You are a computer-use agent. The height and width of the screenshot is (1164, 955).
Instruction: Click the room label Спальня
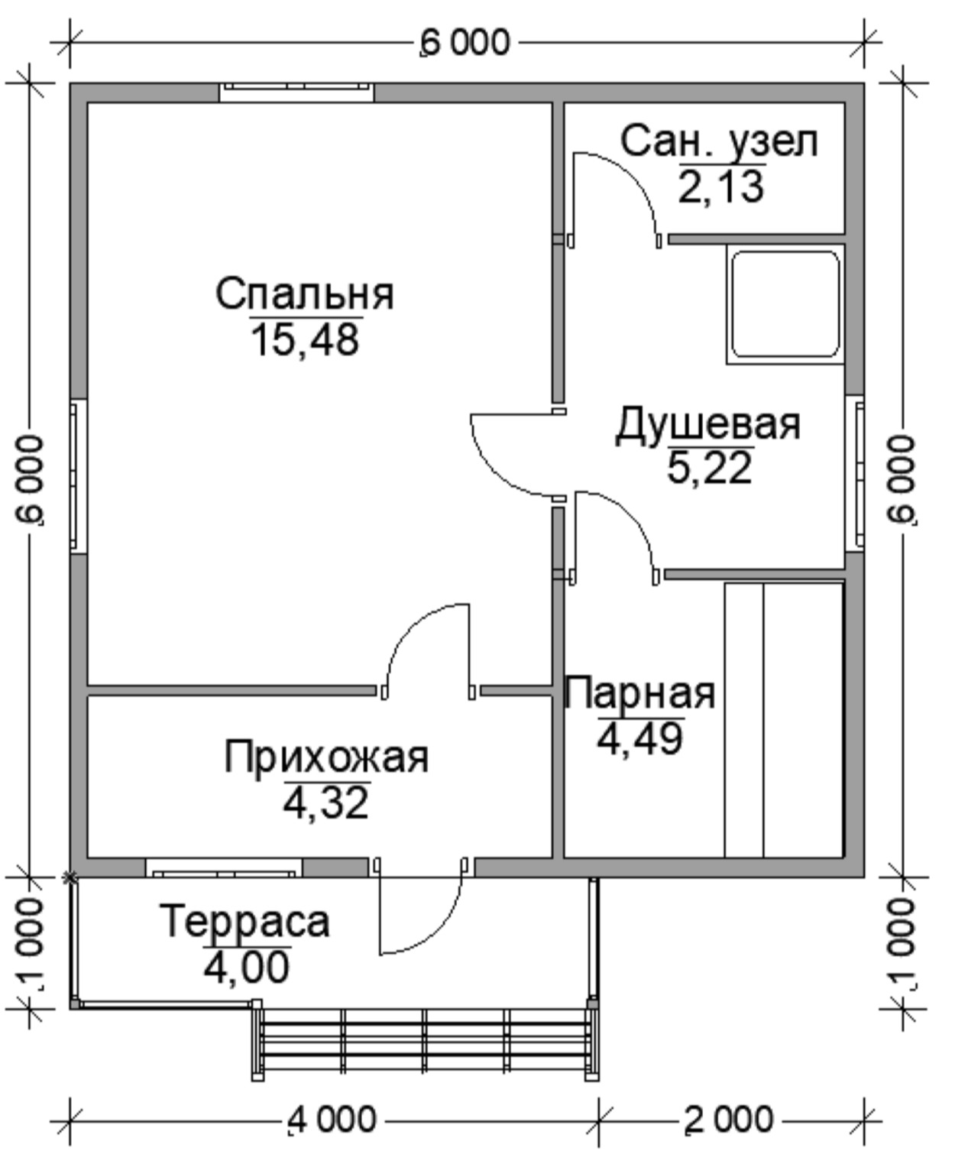point(305,294)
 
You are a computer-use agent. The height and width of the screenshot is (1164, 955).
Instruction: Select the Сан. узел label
point(719,142)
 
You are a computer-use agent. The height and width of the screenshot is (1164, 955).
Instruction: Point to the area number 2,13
point(721,186)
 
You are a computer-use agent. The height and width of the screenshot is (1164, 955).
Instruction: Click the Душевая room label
point(707,425)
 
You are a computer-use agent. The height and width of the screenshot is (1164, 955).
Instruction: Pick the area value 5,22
point(710,467)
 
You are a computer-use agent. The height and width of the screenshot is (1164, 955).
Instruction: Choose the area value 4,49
point(640,738)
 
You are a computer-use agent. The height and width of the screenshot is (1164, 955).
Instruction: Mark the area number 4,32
point(326,802)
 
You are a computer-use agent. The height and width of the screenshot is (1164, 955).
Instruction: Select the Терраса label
point(244,922)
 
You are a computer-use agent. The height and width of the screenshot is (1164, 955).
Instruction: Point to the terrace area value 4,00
point(247,966)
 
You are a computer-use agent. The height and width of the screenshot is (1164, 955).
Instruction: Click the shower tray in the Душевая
point(785,304)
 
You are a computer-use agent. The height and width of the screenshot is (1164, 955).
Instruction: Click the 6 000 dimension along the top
point(465,43)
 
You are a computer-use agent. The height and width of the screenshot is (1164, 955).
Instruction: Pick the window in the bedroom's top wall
point(297,92)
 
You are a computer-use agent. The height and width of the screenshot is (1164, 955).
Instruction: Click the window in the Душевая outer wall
point(855,473)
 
